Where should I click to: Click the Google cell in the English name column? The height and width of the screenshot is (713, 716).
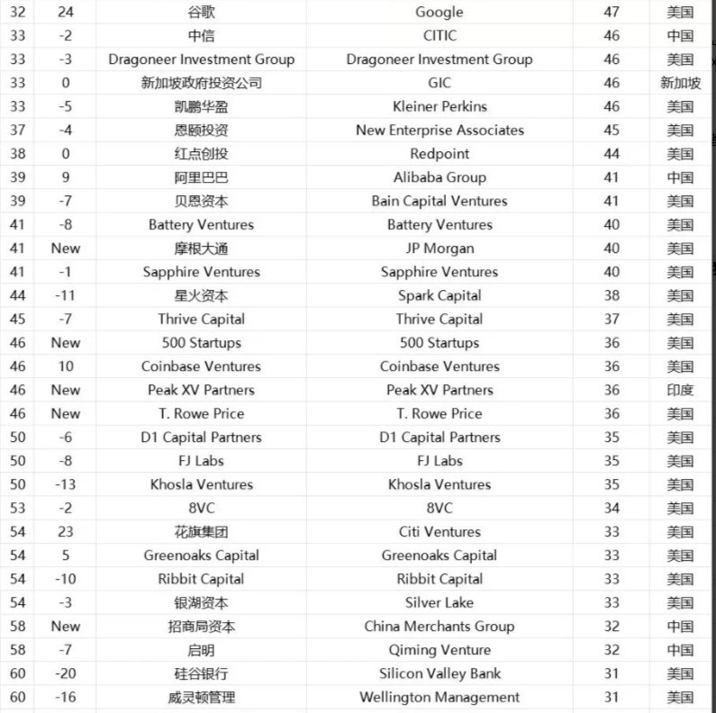tap(440, 12)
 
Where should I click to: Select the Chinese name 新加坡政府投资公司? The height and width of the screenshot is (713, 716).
tap(201, 83)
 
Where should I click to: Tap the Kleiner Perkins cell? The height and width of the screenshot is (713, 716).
tap(440, 106)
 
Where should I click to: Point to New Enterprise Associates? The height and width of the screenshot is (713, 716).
tap(440, 130)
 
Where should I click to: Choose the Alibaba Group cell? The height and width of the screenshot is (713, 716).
tap(440, 177)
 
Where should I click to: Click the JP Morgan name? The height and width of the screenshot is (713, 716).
tap(440, 248)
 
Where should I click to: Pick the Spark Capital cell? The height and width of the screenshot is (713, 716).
tap(440, 295)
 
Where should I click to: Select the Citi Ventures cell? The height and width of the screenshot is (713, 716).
tap(440, 532)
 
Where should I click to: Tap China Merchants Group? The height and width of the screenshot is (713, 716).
tap(440, 627)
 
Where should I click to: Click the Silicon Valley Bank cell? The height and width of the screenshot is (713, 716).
tap(440, 673)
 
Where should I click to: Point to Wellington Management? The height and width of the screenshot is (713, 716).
tap(440, 697)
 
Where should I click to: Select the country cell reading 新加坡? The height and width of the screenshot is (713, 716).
tap(680, 83)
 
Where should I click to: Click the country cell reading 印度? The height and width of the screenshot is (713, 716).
tap(680, 390)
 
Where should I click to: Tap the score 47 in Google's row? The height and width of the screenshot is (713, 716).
tap(612, 12)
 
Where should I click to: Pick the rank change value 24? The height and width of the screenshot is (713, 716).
tap(66, 12)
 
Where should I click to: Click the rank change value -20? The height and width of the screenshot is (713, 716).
tap(66, 673)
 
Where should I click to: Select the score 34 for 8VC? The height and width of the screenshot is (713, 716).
tap(612, 508)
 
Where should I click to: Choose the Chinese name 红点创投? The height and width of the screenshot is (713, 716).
tap(201, 154)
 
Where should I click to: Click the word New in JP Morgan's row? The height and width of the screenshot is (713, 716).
tap(66, 248)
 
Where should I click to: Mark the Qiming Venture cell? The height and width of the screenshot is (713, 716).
tap(440, 650)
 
